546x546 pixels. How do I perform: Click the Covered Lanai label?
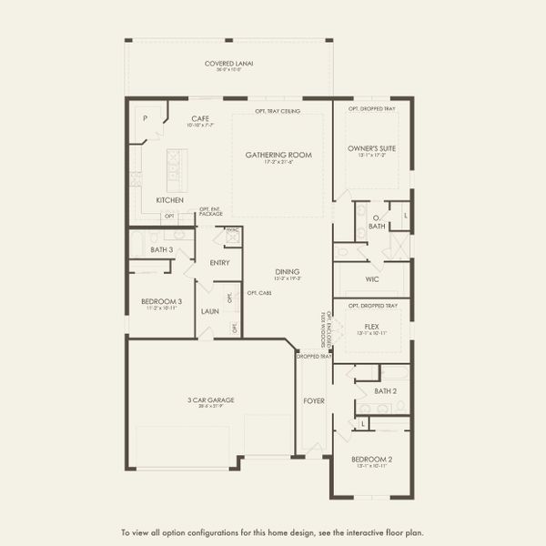(x=228, y=64)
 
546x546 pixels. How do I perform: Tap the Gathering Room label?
(x=278, y=156)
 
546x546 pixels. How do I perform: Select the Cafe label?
(x=201, y=118)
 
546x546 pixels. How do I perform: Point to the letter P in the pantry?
(x=145, y=118)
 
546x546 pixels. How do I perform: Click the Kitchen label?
(x=169, y=199)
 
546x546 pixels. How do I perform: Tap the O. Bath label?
(x=376, y=221)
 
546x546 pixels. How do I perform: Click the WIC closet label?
(x=373, y=278)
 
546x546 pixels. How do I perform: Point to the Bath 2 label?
(x=385, y=390)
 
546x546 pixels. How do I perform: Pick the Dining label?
(x=288, y=272)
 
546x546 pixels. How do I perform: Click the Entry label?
(x=219, y=263)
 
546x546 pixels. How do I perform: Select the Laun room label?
(x=210, y=311)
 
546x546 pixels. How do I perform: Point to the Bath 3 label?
(x=161, y=249)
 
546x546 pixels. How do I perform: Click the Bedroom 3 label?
(x=161, y=301)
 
